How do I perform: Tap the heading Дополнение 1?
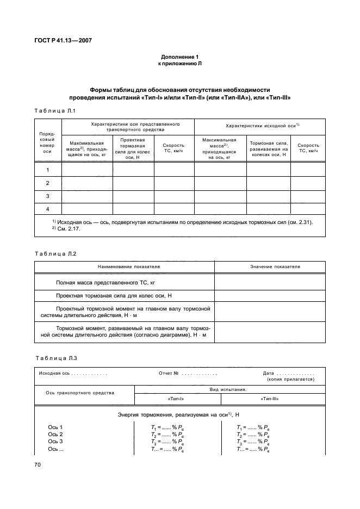[180, 57]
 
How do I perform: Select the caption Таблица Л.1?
[54, 111]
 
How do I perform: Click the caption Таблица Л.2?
[55, 254]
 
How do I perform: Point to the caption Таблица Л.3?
[55, 357]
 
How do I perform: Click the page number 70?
[38, 464]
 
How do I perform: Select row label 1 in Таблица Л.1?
[48, 170]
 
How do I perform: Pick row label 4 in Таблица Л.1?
[48, 209]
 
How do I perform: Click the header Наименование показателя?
[125, 267]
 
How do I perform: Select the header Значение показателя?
[275, 267]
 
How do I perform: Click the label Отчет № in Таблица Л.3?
[169, 373]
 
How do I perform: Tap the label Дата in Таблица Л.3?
[268, 373]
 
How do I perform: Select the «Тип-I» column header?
[177, 399]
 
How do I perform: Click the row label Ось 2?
[55, 434]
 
